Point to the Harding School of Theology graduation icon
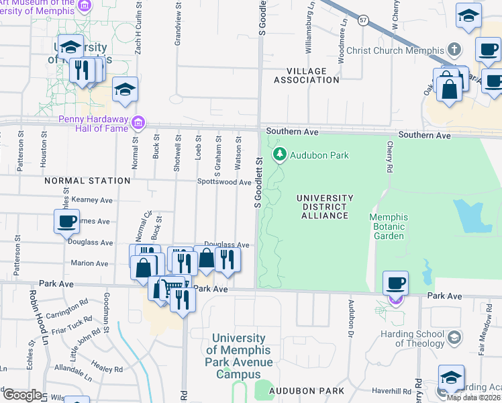455,337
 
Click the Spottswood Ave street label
224,182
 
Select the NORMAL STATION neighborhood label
87,181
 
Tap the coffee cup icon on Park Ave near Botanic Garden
395,282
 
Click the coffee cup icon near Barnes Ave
66,222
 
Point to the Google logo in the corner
21,395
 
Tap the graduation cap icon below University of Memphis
125,89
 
